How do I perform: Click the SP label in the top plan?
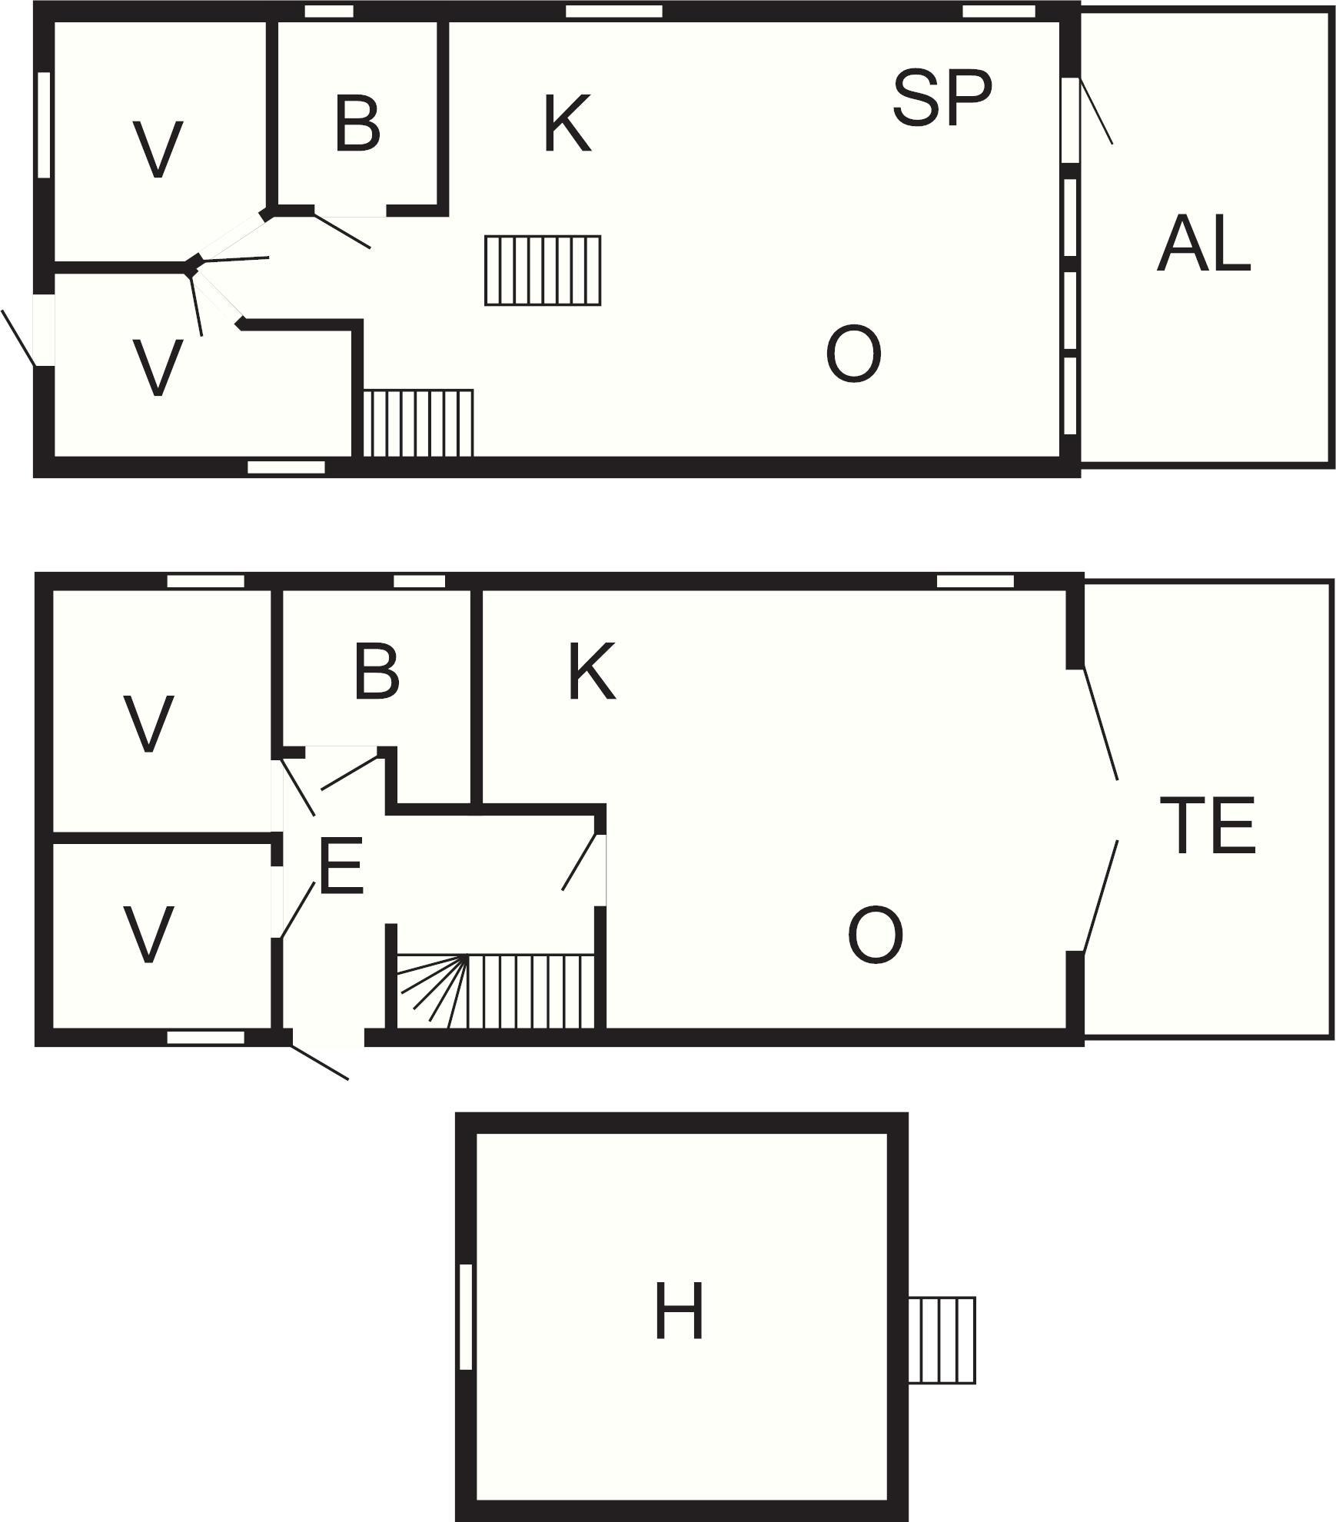942,98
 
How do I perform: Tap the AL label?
1204,244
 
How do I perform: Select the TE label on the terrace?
1207,826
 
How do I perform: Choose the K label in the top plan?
567,124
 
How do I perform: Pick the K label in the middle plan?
592,672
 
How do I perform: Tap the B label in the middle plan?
377,672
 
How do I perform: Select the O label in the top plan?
853,354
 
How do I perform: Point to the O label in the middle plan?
875,935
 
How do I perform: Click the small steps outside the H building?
942,1341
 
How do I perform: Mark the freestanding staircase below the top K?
543,271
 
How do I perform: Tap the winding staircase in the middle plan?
496,991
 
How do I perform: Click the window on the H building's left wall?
465,1317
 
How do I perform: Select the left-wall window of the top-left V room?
44,125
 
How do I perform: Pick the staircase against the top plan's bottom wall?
418,424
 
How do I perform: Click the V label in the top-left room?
158,150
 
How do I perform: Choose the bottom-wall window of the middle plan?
206,1038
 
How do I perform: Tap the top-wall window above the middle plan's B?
420,581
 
